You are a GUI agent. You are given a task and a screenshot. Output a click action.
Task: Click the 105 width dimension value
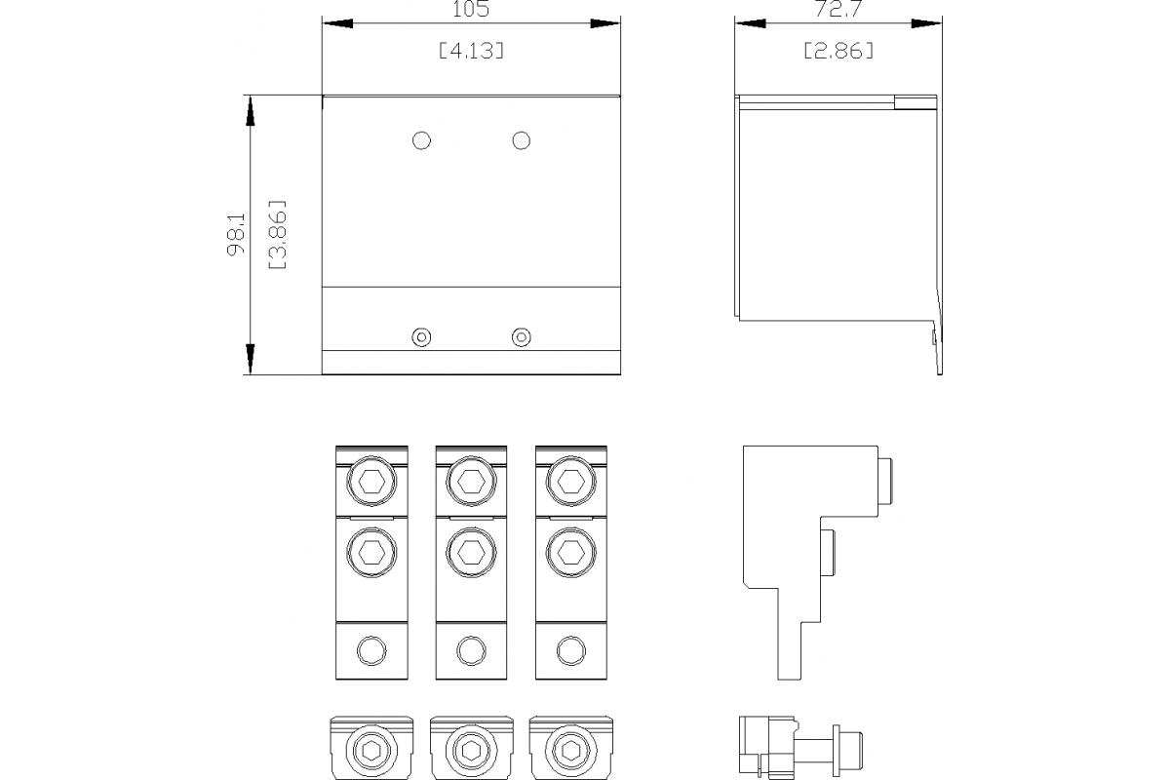pyautogui.click(x=470, y=9)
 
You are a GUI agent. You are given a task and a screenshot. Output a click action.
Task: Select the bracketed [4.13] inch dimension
pyautogui.click(x=471, y=51)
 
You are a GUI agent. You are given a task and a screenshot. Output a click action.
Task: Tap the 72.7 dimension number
pyautogui.click(x=838, y=9)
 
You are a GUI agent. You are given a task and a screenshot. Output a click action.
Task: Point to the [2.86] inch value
pyautogui.click(x=838, y=51)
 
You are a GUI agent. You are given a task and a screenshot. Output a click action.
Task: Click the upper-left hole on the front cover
pyautogui.click(x=421, y=140)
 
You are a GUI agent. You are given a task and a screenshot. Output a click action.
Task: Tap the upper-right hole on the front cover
pyautogui.click(x=522, y=140)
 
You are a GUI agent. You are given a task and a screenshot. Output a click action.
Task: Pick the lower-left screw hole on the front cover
pyautogui.click(x=421, y=337)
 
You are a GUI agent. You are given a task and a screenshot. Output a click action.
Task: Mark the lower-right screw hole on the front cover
pyautogui.click(x=522, y=337)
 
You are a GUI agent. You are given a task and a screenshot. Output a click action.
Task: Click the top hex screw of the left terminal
pyautogui.click(x=370, y=480)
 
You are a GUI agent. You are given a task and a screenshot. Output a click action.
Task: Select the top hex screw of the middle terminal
pyautogui.click(x=470, y=480)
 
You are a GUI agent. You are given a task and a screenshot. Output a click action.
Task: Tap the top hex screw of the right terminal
pyautogui.click(x=569, y=480)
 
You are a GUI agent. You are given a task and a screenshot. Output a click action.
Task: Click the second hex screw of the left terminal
pyautogui.click(x=370, y=552)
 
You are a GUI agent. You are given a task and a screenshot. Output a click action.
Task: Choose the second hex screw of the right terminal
pyautogui.click(x=569, y=552)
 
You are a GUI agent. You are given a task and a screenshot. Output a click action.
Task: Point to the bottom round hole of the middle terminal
pyautogui.click(x=470, y=650)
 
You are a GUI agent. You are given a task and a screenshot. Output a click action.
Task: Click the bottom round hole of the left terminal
pyautogui.click(x=370, y=650)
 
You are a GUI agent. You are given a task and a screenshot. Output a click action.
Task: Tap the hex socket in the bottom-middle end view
pyautogui.click(x=470, y=751)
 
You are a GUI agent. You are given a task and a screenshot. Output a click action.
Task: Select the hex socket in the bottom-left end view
pyautogui.click(x=370, y=751)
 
